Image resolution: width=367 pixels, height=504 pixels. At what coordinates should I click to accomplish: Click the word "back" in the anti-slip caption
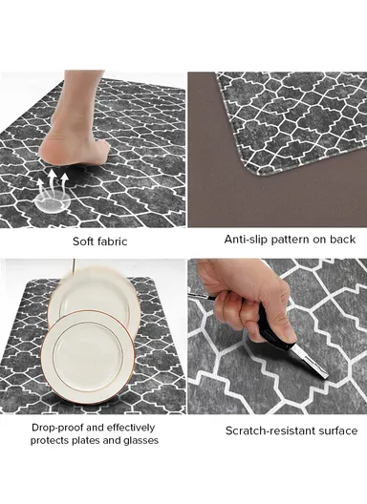pos(342,240)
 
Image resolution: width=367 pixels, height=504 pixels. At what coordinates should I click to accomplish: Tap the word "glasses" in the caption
pos(139,440)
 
